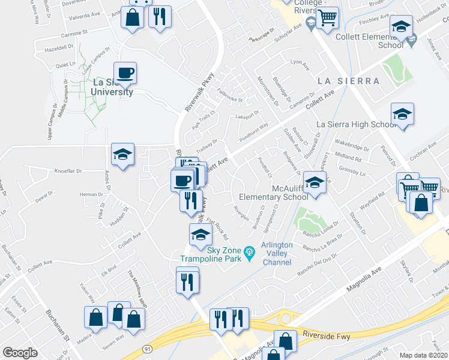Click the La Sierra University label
click(x=112, y=87)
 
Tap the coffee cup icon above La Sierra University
click(x=125, y=73)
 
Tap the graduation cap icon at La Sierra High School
click(x=402, y=114)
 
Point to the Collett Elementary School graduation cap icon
click(x=401, y=26)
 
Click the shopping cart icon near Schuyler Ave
click(x=327, y=19)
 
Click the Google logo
click(x=20, y=352)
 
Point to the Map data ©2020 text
click(x=424, y=355)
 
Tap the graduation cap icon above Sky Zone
click(x=200, y=235)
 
